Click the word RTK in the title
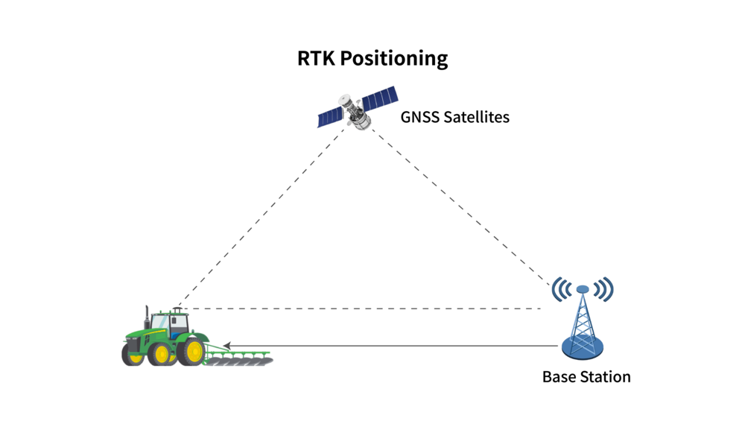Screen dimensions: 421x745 tap(316, 58)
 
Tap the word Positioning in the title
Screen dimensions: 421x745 tap(394, 59)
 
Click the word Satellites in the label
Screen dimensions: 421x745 tap(478, 117)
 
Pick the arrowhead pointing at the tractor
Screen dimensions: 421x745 tap(228, 346)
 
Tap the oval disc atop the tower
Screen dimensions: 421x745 tap(583, 289)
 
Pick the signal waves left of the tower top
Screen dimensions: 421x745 tap(561, 289)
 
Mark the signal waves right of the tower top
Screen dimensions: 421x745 tap(604, 289)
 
